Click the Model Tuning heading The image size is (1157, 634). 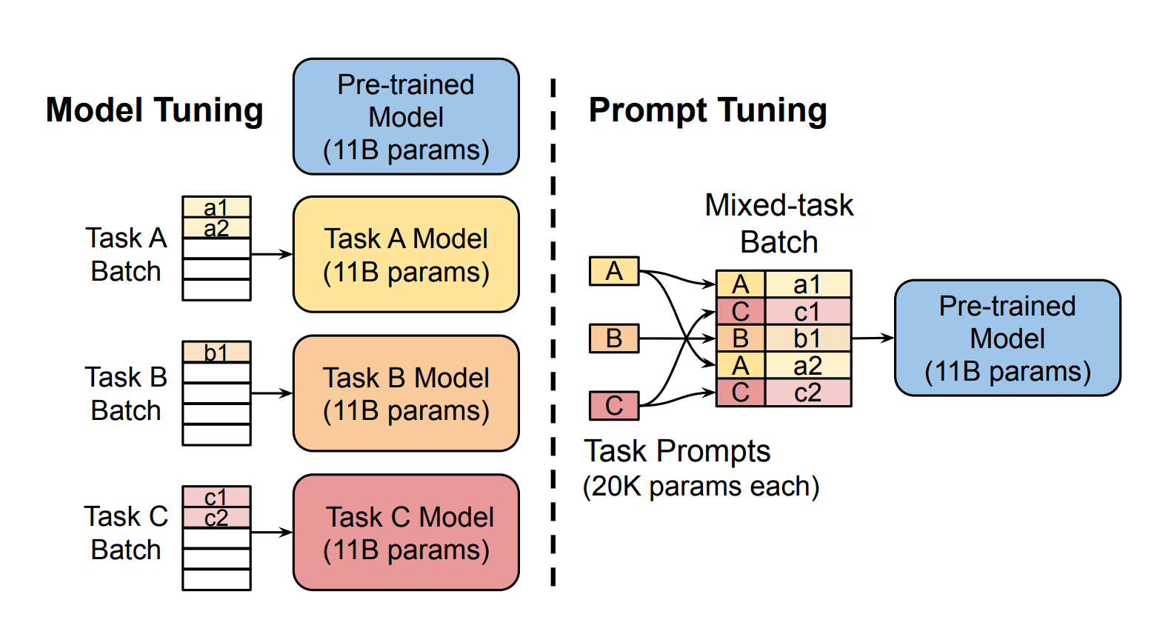tap(154, 110)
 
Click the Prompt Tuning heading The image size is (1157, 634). tap(707, 110)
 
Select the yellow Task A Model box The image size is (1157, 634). tap(406, 254)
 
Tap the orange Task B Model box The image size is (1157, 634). tap(406, 393)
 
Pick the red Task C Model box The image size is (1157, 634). tap(406, 533)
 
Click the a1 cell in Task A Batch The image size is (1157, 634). tap(216, 207)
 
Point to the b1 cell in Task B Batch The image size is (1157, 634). tap(216, 352)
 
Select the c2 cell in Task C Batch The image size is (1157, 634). tap(216, 518)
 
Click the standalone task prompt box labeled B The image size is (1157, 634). tap(614, 338)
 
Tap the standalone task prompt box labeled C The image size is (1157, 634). tap(614, 406)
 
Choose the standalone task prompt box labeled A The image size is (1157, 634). tap(614, 271)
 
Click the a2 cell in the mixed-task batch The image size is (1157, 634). tap(807, 366)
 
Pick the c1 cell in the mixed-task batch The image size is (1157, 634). tap(807, 312)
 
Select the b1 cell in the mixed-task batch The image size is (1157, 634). tap(807, 338)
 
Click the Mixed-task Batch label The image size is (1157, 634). tap(779, 224)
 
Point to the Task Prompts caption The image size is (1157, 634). tap(677, 451)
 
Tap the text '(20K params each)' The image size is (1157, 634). tap(701, 487)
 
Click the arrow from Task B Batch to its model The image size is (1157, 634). tap(272, 393)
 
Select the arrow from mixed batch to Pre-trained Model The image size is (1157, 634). tap(873, 338)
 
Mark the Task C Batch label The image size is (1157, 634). tap(126, 533)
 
